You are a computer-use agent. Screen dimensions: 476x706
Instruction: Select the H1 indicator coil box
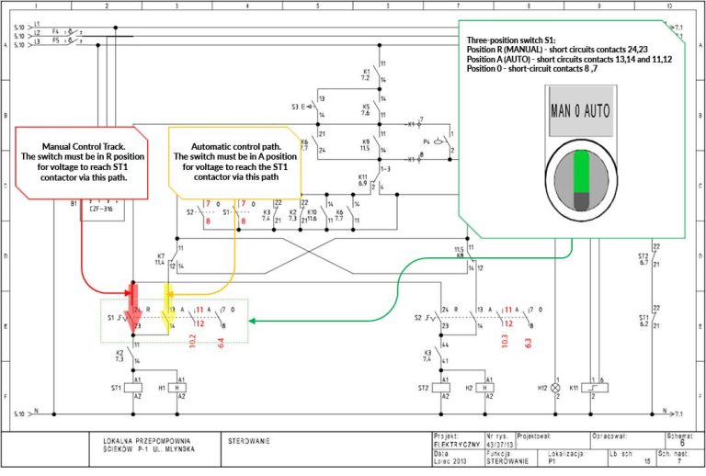click(181, 388)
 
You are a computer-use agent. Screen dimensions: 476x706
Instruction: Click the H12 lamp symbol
click(555, 388)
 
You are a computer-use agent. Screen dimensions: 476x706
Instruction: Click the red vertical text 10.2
click(193, 341)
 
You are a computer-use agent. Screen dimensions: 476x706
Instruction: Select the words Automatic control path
click(236, 146)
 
